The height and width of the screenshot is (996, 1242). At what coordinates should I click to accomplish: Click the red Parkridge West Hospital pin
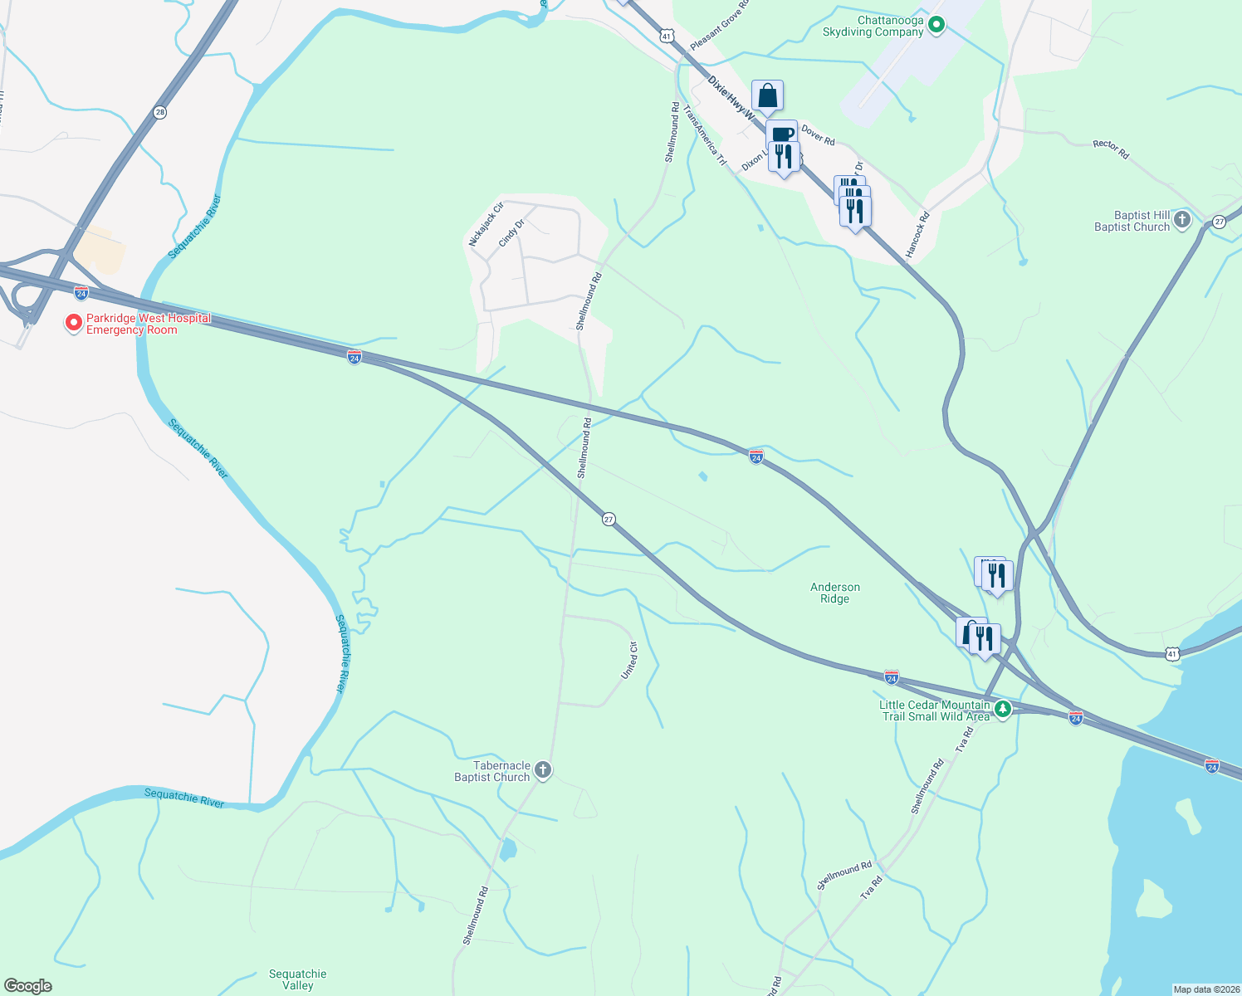coord(74,322)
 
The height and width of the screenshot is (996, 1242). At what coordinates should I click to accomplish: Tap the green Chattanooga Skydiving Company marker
coord(936,26)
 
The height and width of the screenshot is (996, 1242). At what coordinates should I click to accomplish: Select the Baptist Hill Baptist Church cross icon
coord(1182,221)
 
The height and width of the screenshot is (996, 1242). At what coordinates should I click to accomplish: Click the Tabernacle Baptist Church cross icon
coord(543,770)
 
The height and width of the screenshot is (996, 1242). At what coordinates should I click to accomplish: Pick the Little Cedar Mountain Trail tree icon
coord(1003,710)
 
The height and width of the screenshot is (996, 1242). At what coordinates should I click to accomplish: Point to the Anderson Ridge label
coord(835,593)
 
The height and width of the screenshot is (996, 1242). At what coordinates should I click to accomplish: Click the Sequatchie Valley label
coord(297,979)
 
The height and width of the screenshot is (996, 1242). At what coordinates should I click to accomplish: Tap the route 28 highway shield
coord(159,111)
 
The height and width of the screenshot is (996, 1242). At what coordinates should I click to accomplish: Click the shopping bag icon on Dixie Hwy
coord(768,96)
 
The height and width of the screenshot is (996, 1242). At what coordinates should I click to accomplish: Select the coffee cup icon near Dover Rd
coord(782,134)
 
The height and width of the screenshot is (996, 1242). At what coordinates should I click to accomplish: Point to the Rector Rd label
coord(1111,149)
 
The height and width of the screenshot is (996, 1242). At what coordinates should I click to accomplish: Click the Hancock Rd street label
coord(917,234)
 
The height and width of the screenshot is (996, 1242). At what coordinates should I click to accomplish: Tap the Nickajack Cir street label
coord(487,224)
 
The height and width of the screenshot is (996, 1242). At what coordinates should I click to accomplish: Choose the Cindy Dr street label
coord(512,232)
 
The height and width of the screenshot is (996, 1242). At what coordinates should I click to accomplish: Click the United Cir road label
coord(630,661)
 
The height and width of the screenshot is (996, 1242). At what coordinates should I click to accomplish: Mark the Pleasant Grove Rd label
coord(719,25)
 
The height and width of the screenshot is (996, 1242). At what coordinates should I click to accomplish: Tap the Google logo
coord(28,986)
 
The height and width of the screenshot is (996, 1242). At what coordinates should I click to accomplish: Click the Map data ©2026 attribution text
coord(1205,989)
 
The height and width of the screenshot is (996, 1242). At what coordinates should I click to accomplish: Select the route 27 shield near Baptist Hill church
coord(1219,222)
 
